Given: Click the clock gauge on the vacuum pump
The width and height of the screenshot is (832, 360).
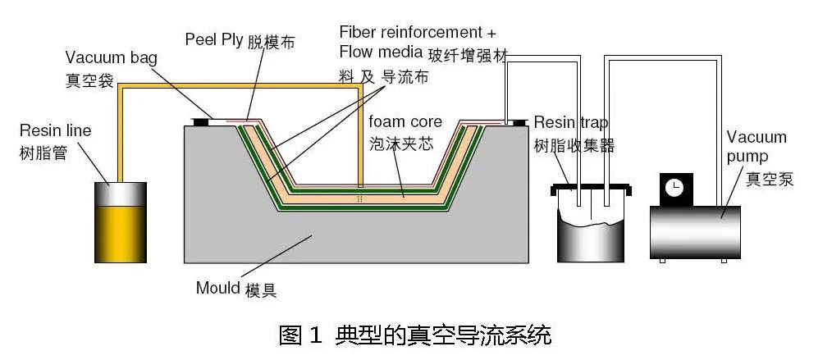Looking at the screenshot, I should pos(675,188).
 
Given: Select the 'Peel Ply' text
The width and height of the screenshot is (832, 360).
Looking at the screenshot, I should pos(214,39).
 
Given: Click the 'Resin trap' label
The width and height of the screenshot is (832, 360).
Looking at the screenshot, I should pos(571,123).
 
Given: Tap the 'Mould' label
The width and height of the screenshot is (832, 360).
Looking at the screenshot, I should pos(217,288).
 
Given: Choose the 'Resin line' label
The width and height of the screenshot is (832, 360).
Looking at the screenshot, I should pos(56,130).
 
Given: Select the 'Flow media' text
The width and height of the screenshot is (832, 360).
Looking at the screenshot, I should pos(380,52).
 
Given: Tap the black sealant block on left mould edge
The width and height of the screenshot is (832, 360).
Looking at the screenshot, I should pos(201,122).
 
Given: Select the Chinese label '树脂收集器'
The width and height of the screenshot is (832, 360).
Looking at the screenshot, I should pos(574,146).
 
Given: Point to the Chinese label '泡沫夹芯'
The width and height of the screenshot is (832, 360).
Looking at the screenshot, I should pos(401,144).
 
